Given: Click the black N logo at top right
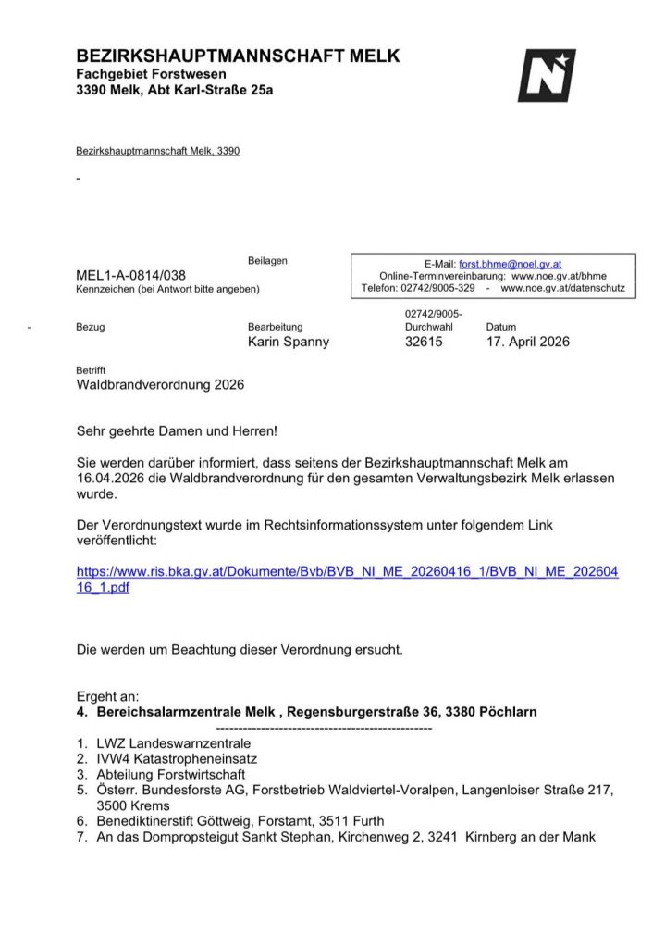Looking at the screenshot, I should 546,75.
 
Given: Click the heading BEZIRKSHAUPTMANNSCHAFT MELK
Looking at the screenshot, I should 238,56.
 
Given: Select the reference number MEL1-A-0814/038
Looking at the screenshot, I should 130,275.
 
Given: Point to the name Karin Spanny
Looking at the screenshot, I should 289,342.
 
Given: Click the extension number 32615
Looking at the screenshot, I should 424,342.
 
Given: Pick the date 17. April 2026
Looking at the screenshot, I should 528,342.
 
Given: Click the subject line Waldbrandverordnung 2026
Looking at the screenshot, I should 160,384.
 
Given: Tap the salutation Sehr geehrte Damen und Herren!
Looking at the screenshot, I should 177,430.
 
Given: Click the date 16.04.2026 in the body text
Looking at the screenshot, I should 110,477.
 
